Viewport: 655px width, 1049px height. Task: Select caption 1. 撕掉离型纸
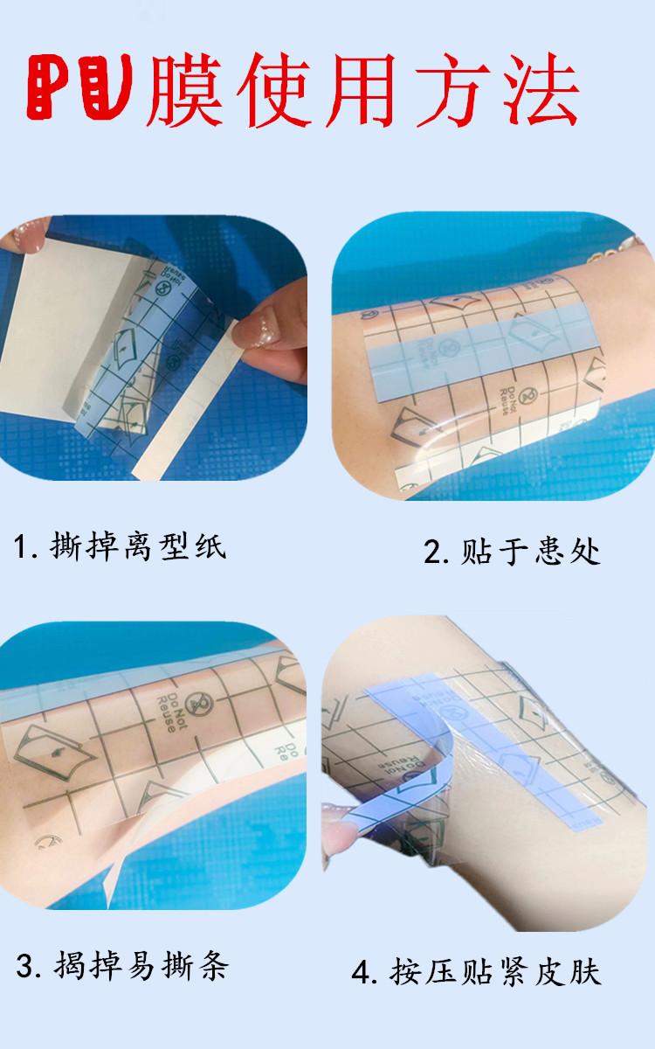tap(120, 548)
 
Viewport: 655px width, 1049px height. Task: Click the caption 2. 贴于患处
tap(512, 552)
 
